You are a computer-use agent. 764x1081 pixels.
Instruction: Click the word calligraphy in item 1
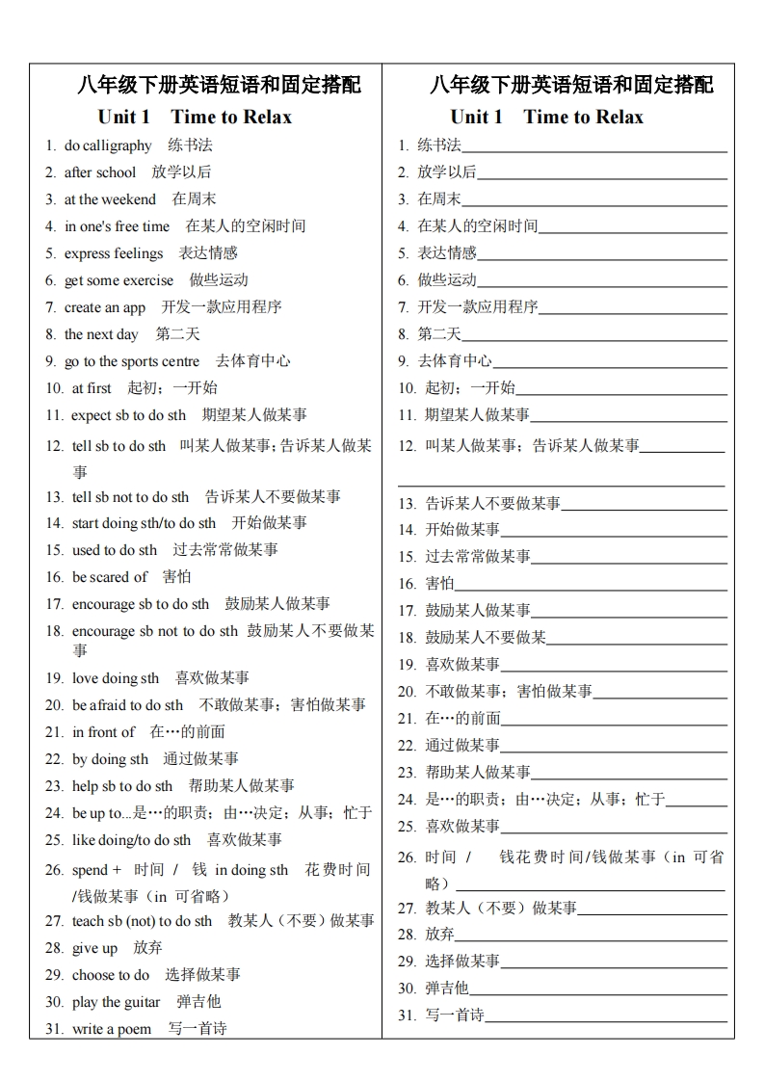pyautogui.click(x=118, y=145)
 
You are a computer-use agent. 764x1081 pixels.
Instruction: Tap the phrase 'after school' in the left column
pyautogui.click(x=100, y=172)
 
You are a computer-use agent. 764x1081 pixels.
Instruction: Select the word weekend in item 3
pyautogui.click(x=129, y=199)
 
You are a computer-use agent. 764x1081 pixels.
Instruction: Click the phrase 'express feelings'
pyautogui.click(x=114, y=253)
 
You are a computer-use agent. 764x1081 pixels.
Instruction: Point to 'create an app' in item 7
pyautogui.click(x=105, y=307)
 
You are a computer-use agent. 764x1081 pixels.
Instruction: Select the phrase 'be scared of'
pyautogui.click(x=110, y=577)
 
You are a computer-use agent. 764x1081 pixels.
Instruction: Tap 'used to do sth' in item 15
pyautogui.click(x=114, y=550)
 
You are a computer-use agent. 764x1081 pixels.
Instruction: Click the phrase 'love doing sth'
pyautogui.click(x=116, y=678)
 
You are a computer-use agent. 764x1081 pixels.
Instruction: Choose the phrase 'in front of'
pyautogui.click(x=103, y=732)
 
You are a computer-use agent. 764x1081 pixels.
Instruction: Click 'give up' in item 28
pyautogui.click(x=94, y=948)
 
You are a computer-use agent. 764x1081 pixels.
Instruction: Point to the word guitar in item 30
pyautogui.click(x=143, y=1002)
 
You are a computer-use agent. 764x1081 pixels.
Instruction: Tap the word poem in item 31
pyautogui.click(x=135, y=1029)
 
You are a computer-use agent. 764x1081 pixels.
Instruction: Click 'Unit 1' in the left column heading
pyautogui.click(x=123, y=118)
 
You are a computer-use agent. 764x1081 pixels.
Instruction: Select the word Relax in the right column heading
pyautogui.click(x=618, y=118)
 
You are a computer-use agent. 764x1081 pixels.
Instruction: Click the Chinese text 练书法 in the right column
pyautogui.click(x=439, y=145)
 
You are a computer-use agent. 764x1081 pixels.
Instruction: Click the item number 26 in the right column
pyautogui.click(x=407, y=857)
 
